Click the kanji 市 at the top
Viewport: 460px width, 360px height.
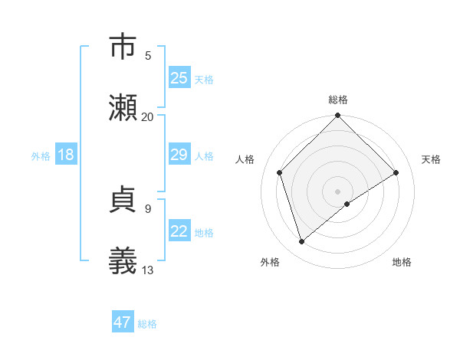(123, 47)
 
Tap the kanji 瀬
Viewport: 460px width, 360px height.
(123, 108)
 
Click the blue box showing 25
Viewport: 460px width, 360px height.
(179, 78)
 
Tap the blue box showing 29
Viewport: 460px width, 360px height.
(179, 155)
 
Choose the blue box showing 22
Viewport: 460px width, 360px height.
(179, 231)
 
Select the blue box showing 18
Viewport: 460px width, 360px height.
(66, 155)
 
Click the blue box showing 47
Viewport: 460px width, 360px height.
(123, 322)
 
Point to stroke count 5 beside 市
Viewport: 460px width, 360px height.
(148, 55)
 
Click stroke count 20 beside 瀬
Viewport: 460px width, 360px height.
(148, 116)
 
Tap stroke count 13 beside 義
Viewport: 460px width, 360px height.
(148, 269)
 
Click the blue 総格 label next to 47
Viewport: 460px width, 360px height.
(147, 324)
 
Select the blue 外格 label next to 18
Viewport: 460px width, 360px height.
(41, 155)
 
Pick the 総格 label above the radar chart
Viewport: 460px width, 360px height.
(338, 100)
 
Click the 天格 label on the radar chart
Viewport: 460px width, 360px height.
(432, 159)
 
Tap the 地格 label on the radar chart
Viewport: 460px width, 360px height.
(402, 262)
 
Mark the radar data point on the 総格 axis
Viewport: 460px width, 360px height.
(338, 117)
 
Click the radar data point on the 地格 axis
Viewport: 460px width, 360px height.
(347, 204)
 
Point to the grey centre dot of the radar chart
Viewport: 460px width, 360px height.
(338, 191)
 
